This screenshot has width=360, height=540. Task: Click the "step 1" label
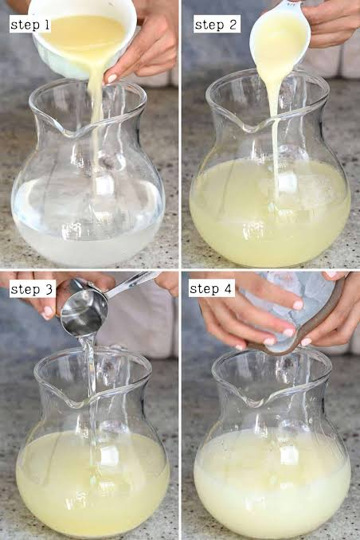click(x=30, y=25)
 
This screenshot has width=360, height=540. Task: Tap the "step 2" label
click(x=217, y=25)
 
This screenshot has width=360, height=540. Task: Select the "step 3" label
click(x=32, y=289)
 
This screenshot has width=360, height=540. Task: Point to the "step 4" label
click(x=211, y=288)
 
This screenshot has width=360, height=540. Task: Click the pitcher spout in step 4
click(x=256, y=400)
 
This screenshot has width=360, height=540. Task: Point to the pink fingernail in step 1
click(x=112, y=79)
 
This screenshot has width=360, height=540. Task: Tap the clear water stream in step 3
click(x=90, y=396)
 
